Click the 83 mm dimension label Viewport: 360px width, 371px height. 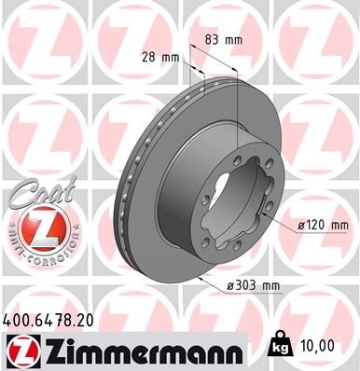tap(223, 39)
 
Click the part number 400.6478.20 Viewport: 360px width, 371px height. tap(57, 321)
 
